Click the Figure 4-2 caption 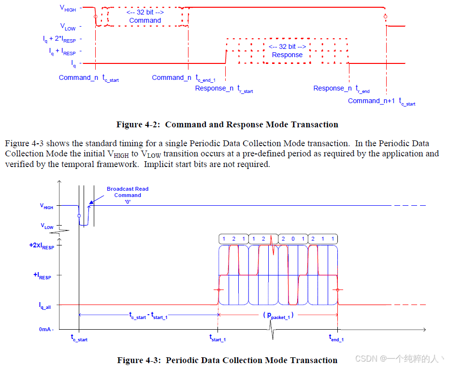[227, 124]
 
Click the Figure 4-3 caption [227, 360]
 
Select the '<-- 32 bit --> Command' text [145, 16]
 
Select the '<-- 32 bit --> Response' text [287, 51]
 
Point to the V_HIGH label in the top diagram [68, 8]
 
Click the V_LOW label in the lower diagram [47, 227]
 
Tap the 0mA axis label [46, 329]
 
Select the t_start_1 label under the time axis [217, 338]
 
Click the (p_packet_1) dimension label [278, 315]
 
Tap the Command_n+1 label [381, 101]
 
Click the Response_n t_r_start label [224, 89]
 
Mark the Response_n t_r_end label [341, 89]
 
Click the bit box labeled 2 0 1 [293, 239]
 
